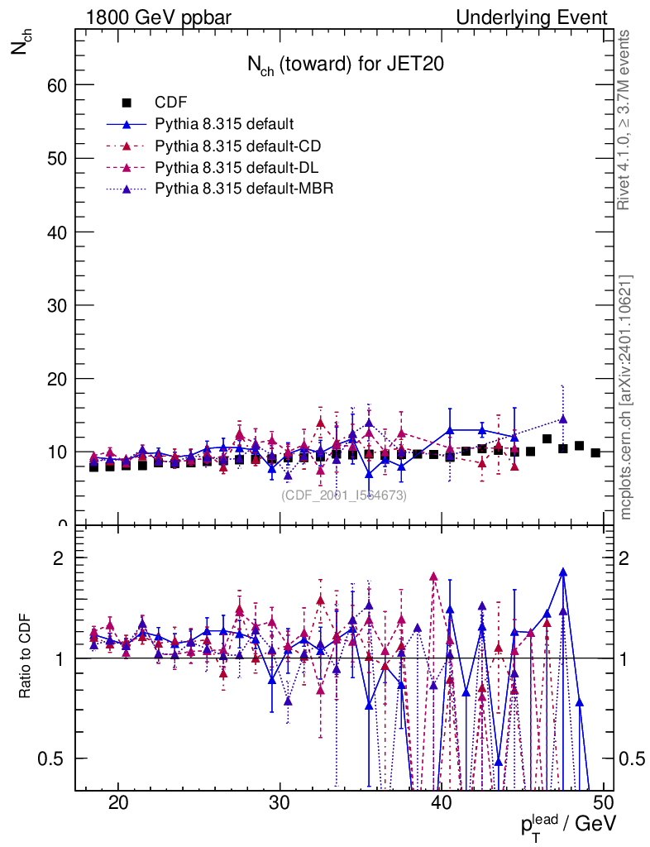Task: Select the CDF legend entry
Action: (171, 103)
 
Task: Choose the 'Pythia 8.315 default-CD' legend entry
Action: (237, 146)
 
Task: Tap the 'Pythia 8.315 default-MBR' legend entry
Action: (244, 189)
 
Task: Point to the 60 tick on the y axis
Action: (55, 85)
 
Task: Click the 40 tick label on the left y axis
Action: (55, 232)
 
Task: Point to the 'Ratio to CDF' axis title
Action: (26, 658)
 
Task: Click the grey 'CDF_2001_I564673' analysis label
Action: (344, 495)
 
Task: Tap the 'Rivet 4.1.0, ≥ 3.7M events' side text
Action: (626, 121)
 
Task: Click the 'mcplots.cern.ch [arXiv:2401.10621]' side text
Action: (626, 397)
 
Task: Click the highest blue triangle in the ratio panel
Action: (563, 572)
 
